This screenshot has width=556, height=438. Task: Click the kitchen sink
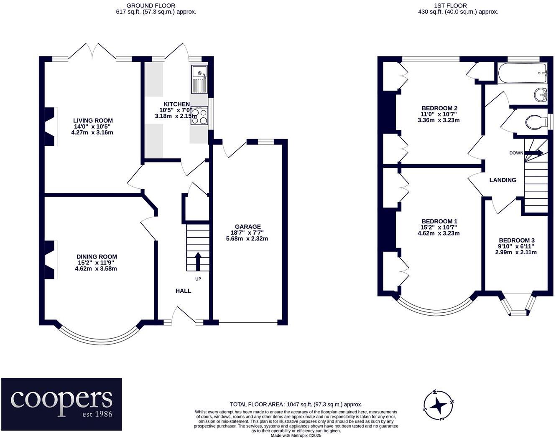199,79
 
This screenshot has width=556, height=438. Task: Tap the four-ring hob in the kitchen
199,116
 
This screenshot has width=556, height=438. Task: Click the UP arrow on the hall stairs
198,261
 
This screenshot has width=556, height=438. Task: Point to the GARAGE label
247,226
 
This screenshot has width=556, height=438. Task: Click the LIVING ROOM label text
93,120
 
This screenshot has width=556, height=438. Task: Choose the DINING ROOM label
97,256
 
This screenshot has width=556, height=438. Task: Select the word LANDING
502,180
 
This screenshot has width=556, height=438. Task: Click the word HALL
183,291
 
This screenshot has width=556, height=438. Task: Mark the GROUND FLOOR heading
151,5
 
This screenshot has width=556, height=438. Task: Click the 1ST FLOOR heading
458,5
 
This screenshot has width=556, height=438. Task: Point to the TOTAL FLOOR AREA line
296,404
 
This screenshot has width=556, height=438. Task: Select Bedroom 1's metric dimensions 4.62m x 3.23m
439,233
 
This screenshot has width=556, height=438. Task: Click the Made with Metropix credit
296,435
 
